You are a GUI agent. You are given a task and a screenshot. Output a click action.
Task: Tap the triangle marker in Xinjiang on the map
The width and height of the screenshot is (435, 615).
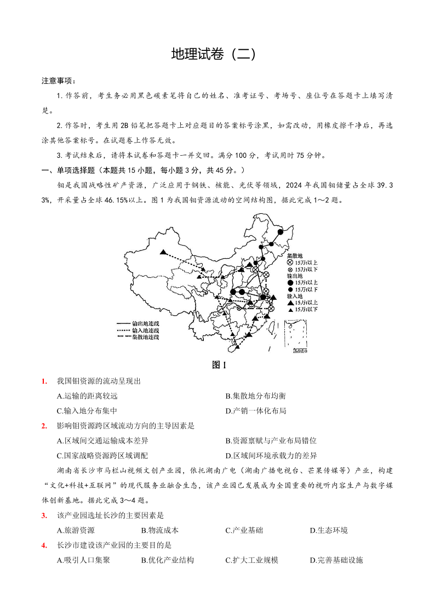163,252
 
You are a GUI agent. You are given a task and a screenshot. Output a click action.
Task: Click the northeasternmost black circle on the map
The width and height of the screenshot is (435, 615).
281,232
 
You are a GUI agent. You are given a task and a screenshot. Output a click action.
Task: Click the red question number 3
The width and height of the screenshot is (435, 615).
43,515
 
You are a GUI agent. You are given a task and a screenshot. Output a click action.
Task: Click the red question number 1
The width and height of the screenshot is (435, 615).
43,381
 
